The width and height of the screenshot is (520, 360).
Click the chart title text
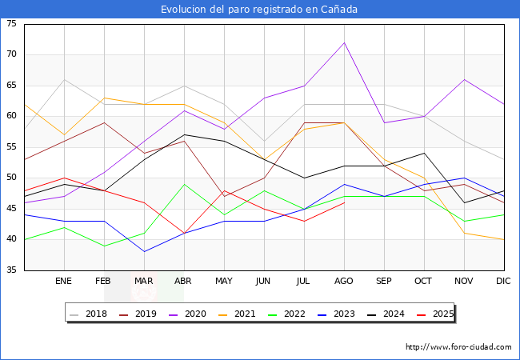[x=259, y=10]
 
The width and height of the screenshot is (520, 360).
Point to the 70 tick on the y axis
[x=11, y=54]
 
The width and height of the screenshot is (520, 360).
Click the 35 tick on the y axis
[x=11, y=270]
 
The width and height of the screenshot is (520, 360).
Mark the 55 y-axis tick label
[x=11, y=147]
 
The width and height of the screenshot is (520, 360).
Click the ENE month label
[x=64, y=282]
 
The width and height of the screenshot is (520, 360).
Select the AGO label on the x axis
[x=344, y=282]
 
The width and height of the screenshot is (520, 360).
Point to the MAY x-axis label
[x=224, y=282]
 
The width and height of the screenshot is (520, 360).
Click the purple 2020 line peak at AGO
[x=344, y=42]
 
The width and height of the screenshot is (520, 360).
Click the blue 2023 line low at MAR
[x=144, y=252]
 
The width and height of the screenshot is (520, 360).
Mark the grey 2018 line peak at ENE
[x=64, y=79]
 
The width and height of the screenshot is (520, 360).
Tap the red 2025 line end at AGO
[x=344, y=202]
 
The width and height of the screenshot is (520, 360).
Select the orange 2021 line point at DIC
[x=504, y=239]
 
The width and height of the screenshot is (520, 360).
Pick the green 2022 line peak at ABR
[x=184, y=184]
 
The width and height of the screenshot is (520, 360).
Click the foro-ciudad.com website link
[x=458, y=347]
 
